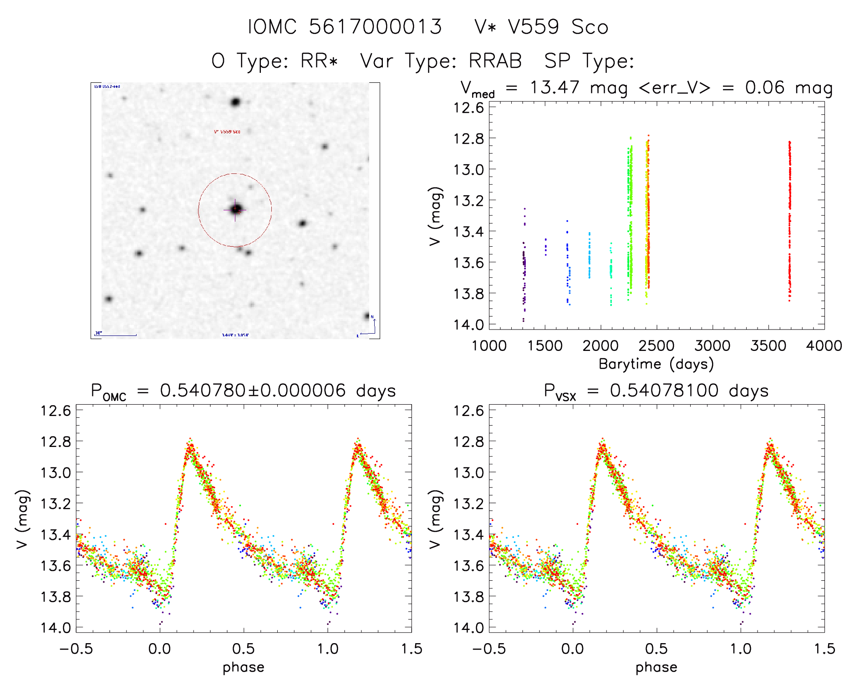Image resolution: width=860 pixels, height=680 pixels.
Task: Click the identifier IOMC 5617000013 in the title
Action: [345, 27]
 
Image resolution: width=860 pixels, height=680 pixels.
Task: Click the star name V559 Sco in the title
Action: [558, 27]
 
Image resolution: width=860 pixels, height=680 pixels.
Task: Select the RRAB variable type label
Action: [495, 61]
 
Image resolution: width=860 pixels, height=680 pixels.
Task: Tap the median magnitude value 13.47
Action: [555, 87]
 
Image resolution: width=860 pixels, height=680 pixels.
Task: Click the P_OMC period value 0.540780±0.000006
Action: [253, 391]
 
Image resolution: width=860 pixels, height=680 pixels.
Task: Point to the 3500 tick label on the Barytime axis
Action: [768, 346]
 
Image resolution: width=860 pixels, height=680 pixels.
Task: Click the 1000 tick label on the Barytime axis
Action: [489, 346]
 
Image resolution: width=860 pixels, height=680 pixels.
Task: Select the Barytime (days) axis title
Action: [656, 364]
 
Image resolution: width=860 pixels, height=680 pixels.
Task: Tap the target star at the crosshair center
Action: [235, 209]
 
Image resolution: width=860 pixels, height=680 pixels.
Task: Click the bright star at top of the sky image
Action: [235, 102]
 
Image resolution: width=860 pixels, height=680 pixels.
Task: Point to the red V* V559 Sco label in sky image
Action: [227, 132]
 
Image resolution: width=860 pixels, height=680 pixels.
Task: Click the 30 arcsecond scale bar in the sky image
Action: [116, 335]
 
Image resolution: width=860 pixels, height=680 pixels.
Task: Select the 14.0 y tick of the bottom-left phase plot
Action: [56, 628]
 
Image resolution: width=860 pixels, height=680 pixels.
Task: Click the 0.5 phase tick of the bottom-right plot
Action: [656, 649]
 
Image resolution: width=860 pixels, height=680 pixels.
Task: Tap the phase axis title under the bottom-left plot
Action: [243, 667]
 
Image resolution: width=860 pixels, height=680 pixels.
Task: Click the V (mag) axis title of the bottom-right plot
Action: [436, 519]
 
